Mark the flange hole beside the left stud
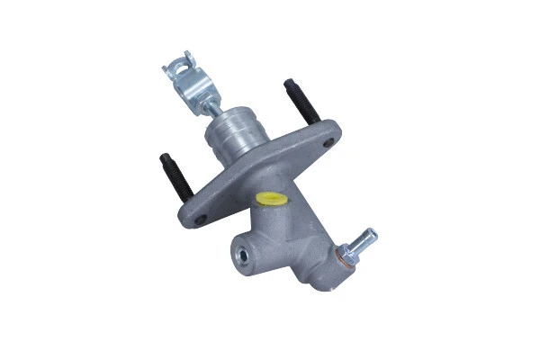pos(200,217)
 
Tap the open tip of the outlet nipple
pos(373,234)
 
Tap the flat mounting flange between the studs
pos(261,171)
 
